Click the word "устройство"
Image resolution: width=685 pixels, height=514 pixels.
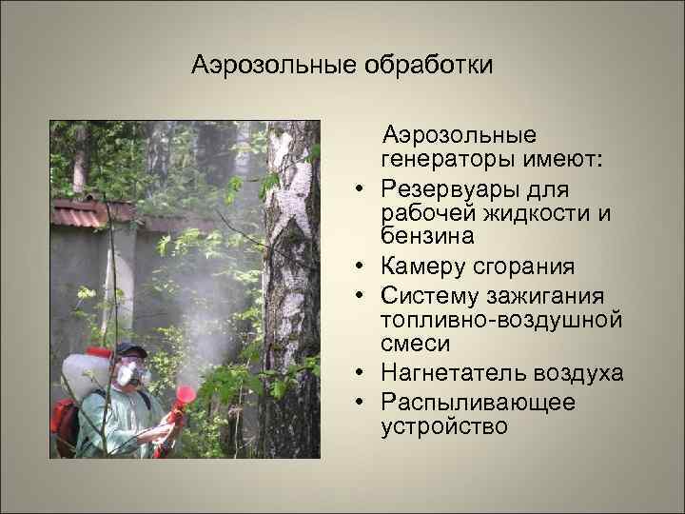(x=443, y=426)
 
